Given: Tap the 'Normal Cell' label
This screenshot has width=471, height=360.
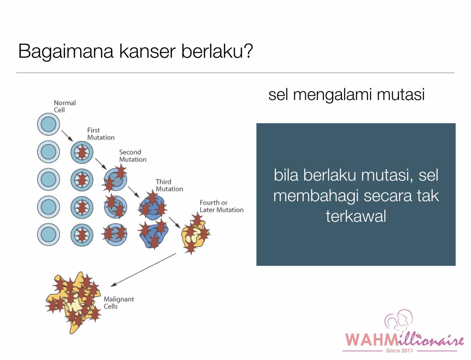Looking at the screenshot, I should (64, 106).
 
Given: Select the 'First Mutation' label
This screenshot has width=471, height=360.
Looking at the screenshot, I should (100, 134).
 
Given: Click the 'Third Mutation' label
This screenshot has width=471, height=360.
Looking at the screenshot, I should (169, 185).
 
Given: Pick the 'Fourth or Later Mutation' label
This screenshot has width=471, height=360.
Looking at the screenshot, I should (221, 206).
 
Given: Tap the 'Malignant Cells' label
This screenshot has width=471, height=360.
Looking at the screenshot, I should (118, 303).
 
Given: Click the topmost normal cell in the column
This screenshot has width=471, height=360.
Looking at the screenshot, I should (48, 124).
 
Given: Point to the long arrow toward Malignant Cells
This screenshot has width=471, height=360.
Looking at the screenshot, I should (144, 270).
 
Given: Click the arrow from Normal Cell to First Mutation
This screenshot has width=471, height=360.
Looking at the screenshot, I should (67, 135).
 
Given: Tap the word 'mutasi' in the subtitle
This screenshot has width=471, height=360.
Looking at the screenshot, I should (401, 94).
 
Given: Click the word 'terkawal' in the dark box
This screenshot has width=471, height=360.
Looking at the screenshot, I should (356, 216).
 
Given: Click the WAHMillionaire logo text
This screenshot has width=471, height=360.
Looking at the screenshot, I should (404, 339).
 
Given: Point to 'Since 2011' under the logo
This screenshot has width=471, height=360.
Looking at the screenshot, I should (399, 350).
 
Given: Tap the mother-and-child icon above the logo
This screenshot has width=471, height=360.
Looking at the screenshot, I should (399, 320).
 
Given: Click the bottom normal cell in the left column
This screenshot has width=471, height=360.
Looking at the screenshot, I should (48, 234).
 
